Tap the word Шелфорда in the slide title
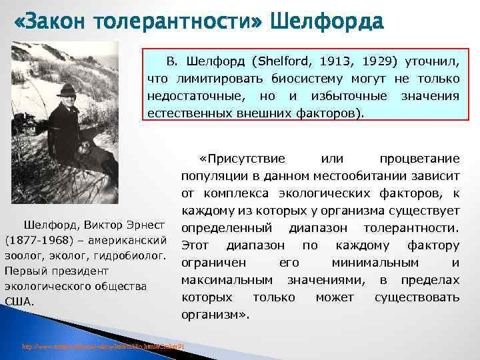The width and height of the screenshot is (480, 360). point(327,23)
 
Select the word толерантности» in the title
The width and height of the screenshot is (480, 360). point(181,23)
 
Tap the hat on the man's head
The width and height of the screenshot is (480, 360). point(66,89)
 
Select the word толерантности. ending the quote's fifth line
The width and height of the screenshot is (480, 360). point(418,228)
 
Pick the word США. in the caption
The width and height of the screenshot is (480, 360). point(18,301)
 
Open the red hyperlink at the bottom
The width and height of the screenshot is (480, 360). point(103,347)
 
